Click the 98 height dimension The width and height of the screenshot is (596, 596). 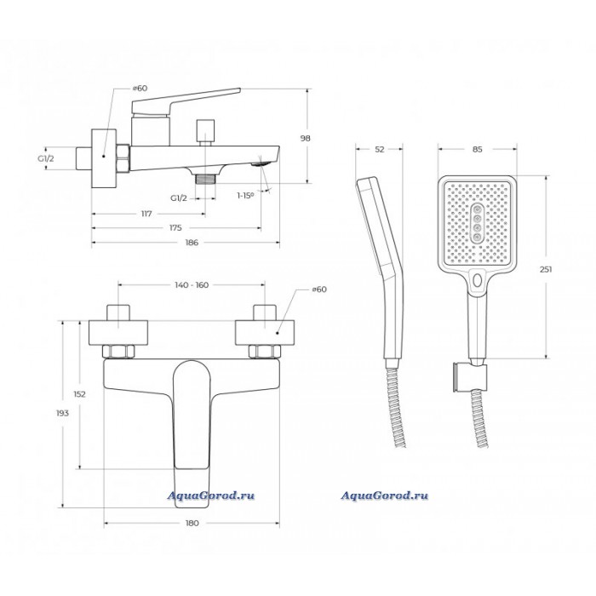305,138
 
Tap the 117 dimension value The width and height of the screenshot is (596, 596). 146,214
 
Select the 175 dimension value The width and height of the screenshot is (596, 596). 175,228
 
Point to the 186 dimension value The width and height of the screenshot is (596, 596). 192,243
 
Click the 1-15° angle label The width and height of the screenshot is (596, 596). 245,196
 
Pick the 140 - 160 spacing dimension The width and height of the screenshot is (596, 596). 192,284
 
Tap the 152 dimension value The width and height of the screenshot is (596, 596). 79,394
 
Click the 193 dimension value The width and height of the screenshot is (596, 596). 62,413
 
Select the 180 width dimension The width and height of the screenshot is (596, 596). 192,524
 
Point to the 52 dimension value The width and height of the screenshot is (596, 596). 380,149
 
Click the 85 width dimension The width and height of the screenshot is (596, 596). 478,149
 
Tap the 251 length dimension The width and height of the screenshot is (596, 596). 546,270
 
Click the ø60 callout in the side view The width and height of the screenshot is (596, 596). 140,89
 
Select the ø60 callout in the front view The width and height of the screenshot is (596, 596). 319,289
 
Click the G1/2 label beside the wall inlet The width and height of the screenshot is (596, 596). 46,158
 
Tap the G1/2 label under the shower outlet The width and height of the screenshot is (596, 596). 179,198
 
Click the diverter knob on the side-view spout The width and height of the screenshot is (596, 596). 205,132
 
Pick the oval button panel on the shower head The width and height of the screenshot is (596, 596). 477,223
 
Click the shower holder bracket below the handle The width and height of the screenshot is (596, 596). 470,377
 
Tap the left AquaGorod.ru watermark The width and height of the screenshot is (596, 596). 211,496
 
